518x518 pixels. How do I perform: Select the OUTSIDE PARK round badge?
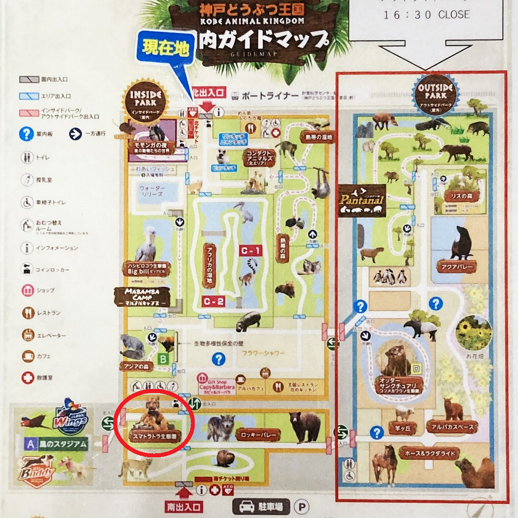click(x=436, y=93)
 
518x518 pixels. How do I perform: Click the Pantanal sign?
click(x=362, y=200)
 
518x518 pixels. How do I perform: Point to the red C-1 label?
click(x=251, y=250)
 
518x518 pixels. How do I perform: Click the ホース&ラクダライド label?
click(x=429, y=452)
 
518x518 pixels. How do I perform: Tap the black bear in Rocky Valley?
click(x=305, y=425)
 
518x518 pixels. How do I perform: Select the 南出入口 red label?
click(x=184, y=506)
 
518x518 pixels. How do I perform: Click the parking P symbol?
click(x=303, y=506)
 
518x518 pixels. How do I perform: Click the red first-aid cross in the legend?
click(x=27, y=377)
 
